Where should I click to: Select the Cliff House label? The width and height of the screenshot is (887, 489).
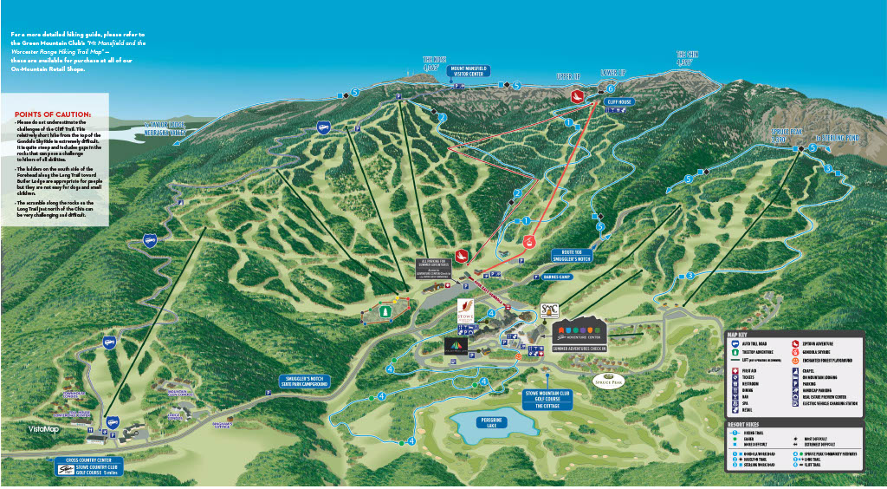(620, 101)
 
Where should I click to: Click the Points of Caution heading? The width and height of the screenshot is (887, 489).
(53, 114)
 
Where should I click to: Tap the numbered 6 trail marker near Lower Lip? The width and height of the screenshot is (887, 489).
(611, 88)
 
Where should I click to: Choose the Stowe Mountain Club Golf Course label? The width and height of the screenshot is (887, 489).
(547, 399)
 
